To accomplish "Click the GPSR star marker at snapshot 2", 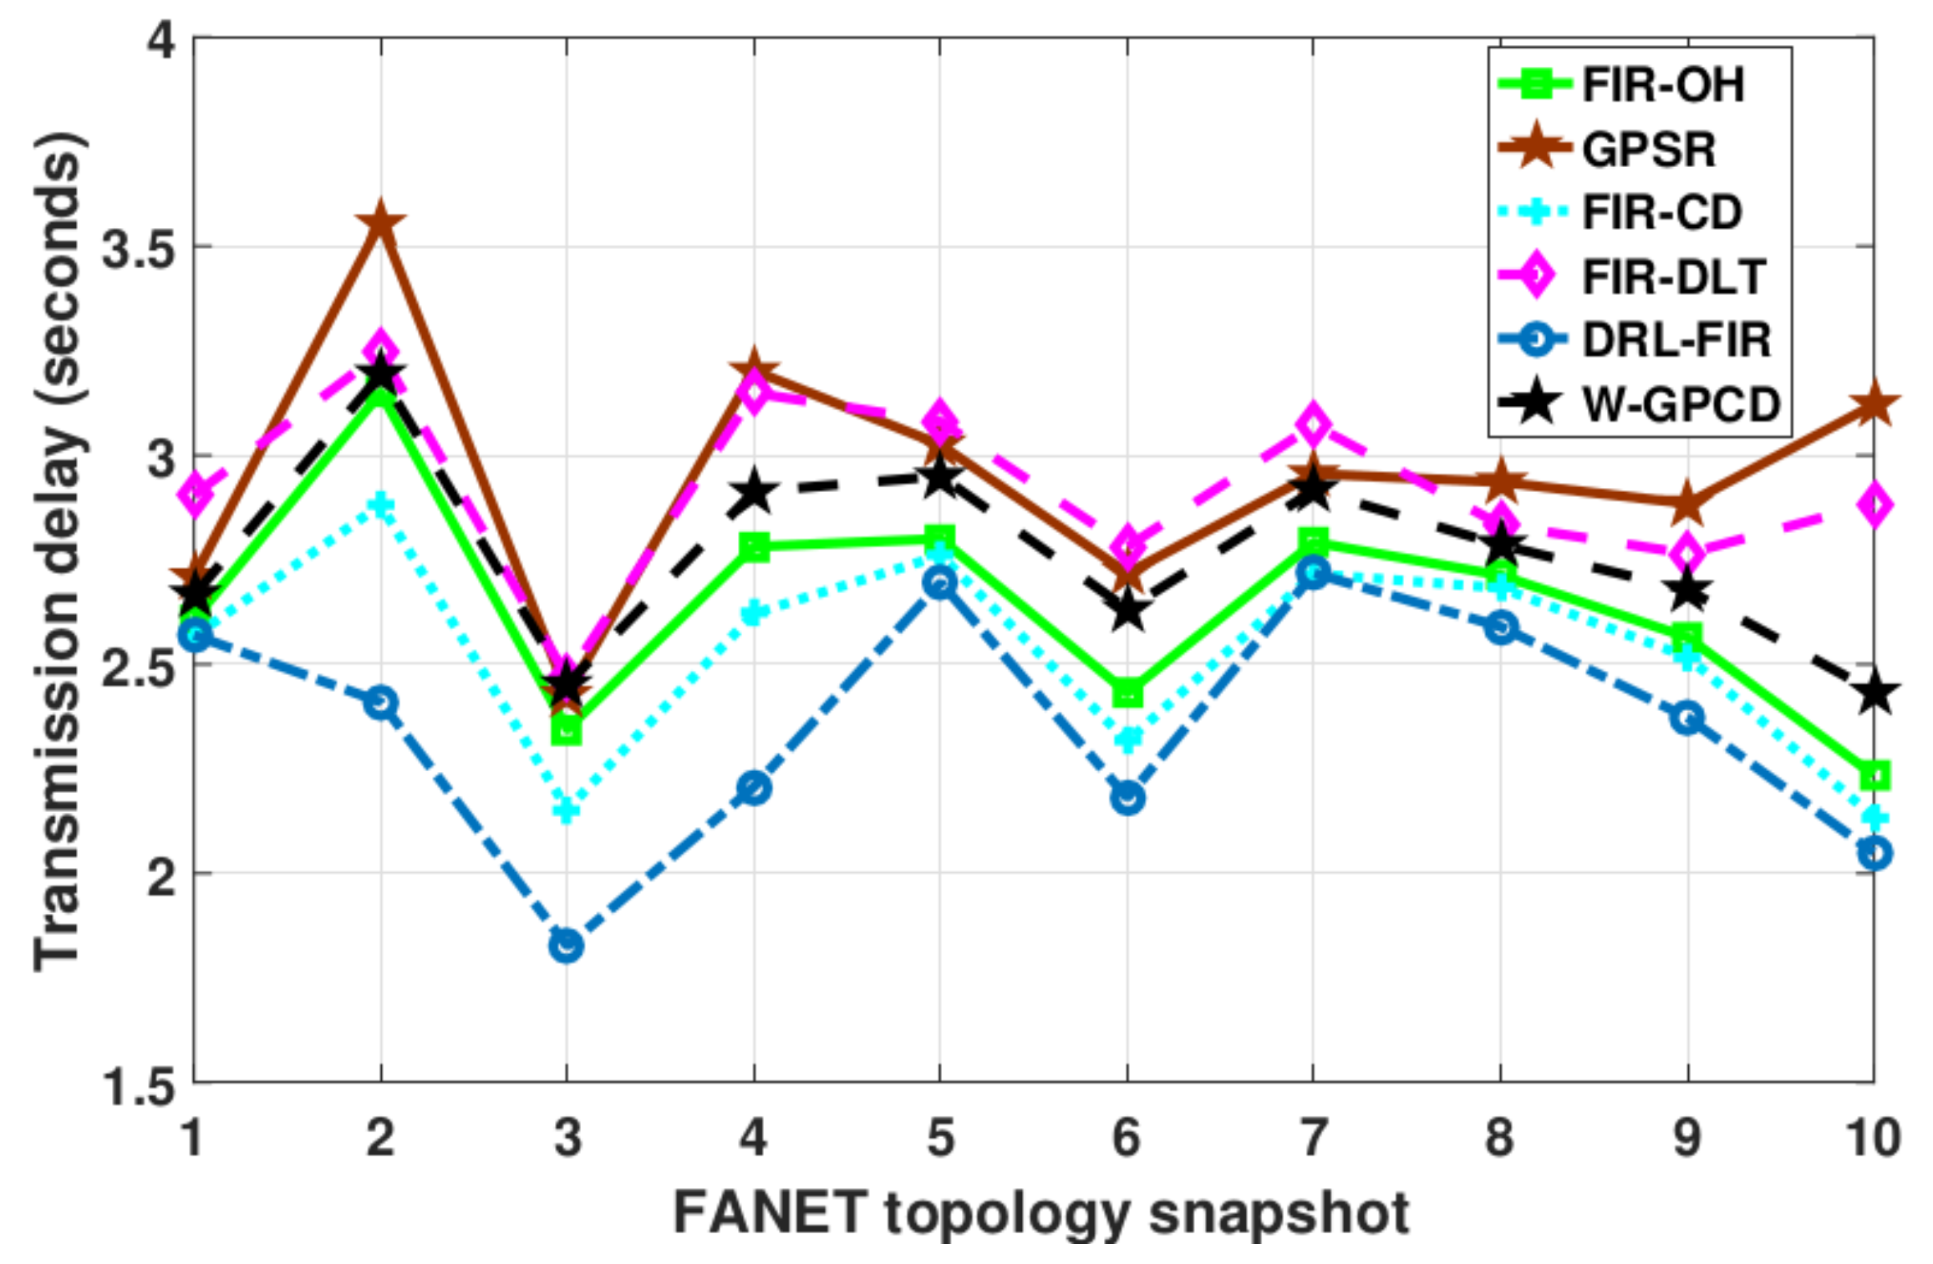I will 380,223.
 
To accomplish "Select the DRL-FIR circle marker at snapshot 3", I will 567,947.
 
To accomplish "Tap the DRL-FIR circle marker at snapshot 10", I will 1874,853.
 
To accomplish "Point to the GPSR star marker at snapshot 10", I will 1874,405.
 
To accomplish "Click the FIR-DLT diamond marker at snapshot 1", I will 194,495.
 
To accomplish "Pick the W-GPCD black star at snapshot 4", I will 754,492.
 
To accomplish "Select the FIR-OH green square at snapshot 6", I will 1127,693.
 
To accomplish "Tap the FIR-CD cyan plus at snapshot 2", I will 380,505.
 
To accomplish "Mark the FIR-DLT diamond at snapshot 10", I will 1874,505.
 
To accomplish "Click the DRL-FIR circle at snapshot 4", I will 754,788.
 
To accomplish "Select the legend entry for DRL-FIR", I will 1676,340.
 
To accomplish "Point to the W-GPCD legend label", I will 1681,405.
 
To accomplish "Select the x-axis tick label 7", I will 1312,1137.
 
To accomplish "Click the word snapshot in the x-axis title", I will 1279,1212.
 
